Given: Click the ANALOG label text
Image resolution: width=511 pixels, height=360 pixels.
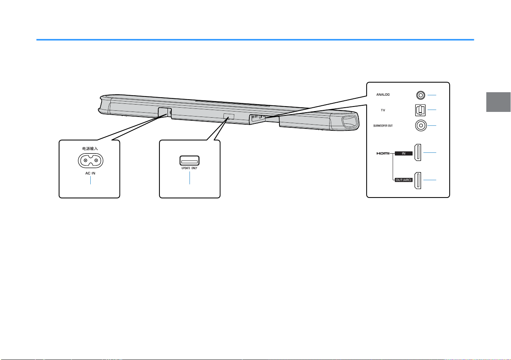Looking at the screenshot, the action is tap(383, 95).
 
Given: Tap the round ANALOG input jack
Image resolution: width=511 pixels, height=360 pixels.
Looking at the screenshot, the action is tap(420, 95).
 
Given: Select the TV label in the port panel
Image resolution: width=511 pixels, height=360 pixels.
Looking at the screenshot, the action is tap(383, 110).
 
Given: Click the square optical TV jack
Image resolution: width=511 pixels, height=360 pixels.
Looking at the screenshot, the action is tap(420, 110).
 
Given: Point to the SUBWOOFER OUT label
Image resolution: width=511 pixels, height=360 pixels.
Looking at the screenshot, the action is tap(383, 126).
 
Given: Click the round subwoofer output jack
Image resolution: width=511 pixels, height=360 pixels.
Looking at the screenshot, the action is tap(421, 125).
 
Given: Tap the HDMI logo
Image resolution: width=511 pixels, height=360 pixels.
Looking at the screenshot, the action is tap(383, 153).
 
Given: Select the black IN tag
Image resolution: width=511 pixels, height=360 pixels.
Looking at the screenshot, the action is tap(404, 154).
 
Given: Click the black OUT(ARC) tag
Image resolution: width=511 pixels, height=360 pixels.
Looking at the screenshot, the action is tap(404, 180).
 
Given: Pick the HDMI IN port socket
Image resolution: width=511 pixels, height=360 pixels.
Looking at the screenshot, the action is tap(418, 152).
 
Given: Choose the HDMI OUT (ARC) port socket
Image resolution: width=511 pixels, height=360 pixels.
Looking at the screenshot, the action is tap(418, 181).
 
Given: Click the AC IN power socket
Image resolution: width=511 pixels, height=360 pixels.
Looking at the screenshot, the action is tap(91, 161).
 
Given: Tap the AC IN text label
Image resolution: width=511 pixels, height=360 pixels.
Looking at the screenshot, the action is tap(90, 173).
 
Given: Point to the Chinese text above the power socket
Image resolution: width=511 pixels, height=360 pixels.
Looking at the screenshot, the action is tap(90, 149).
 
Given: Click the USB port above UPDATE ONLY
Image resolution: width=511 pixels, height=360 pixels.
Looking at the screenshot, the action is tap(190, 161).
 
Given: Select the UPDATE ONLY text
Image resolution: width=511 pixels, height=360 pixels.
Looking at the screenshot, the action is tap(190, 168).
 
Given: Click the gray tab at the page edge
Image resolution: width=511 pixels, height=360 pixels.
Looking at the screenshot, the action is tap(498, 102).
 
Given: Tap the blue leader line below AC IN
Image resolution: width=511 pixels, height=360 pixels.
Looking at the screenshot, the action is tap(91, 180).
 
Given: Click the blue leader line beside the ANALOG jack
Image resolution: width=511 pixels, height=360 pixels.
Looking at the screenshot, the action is tap(432, 95).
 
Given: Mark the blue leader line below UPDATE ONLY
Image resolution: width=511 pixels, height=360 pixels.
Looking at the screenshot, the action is tap(190, 178).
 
